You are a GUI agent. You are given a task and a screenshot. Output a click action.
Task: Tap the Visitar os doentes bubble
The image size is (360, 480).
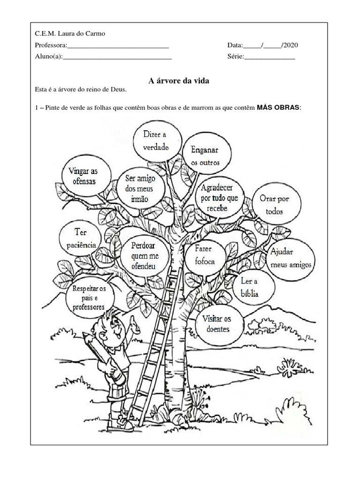pos(216,323)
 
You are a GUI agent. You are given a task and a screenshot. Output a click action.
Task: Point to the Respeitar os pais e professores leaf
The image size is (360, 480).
pos(89,297)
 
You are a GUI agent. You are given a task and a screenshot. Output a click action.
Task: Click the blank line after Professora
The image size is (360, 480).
pos(118,45)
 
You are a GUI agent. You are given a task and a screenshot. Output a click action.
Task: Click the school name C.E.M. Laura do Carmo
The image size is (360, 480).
pos(70,33)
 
